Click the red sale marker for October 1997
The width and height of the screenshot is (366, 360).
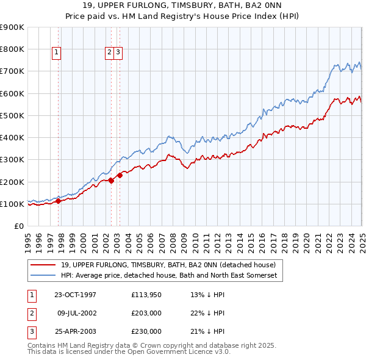click(x=58, y=201)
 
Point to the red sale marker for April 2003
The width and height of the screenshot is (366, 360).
click(x=120, y=175)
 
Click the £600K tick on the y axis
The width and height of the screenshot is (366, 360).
click(x=12, y=93)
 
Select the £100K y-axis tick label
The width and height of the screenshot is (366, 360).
click(x=12, y=204)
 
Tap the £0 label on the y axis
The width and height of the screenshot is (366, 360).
click(x=18, y=226)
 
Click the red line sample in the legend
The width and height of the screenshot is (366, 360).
click(x=43, y=265)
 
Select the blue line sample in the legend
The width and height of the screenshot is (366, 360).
click(x=43, y=276)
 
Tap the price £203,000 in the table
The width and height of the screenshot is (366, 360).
click(x=146, y=314)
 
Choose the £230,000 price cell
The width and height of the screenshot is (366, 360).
click(x=146, y=332)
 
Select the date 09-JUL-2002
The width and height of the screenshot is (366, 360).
click(x=77, y=314)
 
